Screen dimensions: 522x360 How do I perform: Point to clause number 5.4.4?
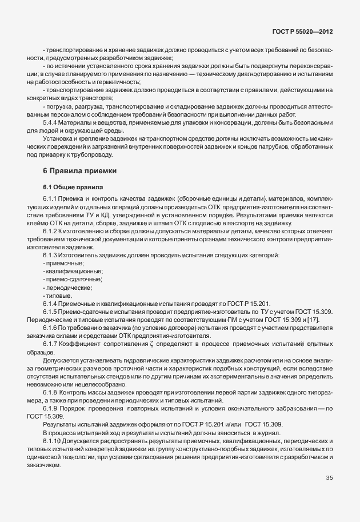tap(51, 122)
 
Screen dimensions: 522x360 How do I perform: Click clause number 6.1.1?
tap(51, 198)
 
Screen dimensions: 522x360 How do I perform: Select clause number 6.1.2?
tap(51, 230)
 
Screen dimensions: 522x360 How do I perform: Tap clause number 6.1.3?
tap(51, 254)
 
